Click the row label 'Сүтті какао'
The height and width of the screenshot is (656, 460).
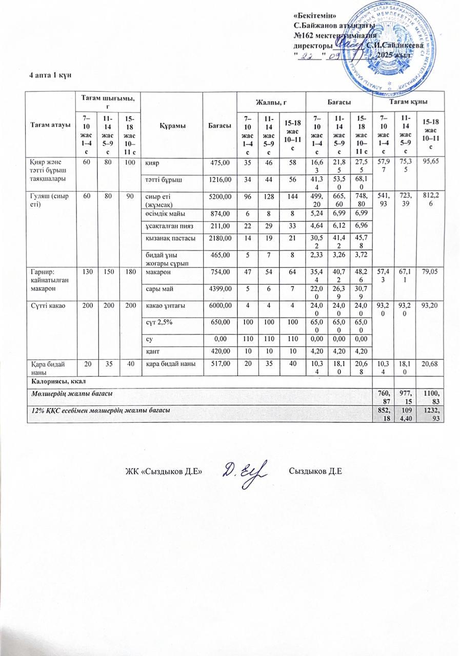click(45, 304)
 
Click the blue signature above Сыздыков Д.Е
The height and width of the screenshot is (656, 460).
click(245, 469)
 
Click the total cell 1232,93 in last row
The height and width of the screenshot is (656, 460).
click(431, 416)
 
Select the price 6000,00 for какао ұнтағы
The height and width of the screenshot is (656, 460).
click(218, 304)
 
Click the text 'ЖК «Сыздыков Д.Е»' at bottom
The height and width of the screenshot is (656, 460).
click(164, 471)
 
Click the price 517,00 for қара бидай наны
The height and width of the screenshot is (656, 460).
click(218, 363)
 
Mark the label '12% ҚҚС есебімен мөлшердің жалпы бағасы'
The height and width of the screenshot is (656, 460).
click(99, 411)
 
